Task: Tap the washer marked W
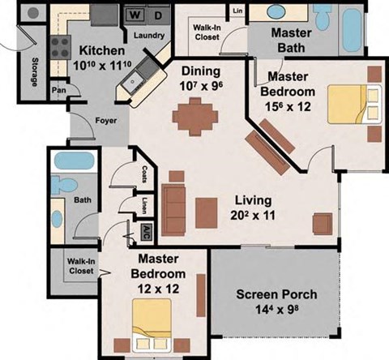click(x=135, y=15)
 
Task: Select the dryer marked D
click(x=158, y=15)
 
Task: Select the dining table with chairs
click(x=196, y=114)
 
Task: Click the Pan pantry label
click(x=58, y=90)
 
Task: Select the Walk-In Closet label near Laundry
click(x=207, y=32)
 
